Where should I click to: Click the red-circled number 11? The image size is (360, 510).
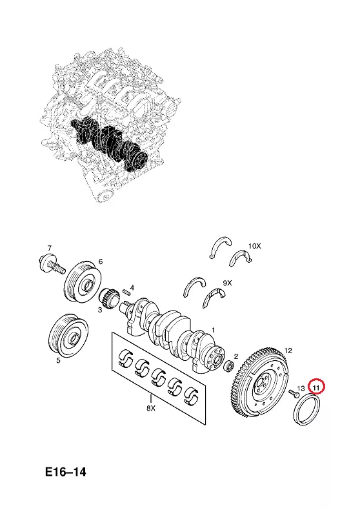click(316, 387)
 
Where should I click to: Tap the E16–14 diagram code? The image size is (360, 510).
click(66, 472)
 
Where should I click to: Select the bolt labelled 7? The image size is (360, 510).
click(52, 265)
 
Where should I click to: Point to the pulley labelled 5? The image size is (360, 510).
click(68, 336)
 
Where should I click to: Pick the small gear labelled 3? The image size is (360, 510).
click(107, 295)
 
